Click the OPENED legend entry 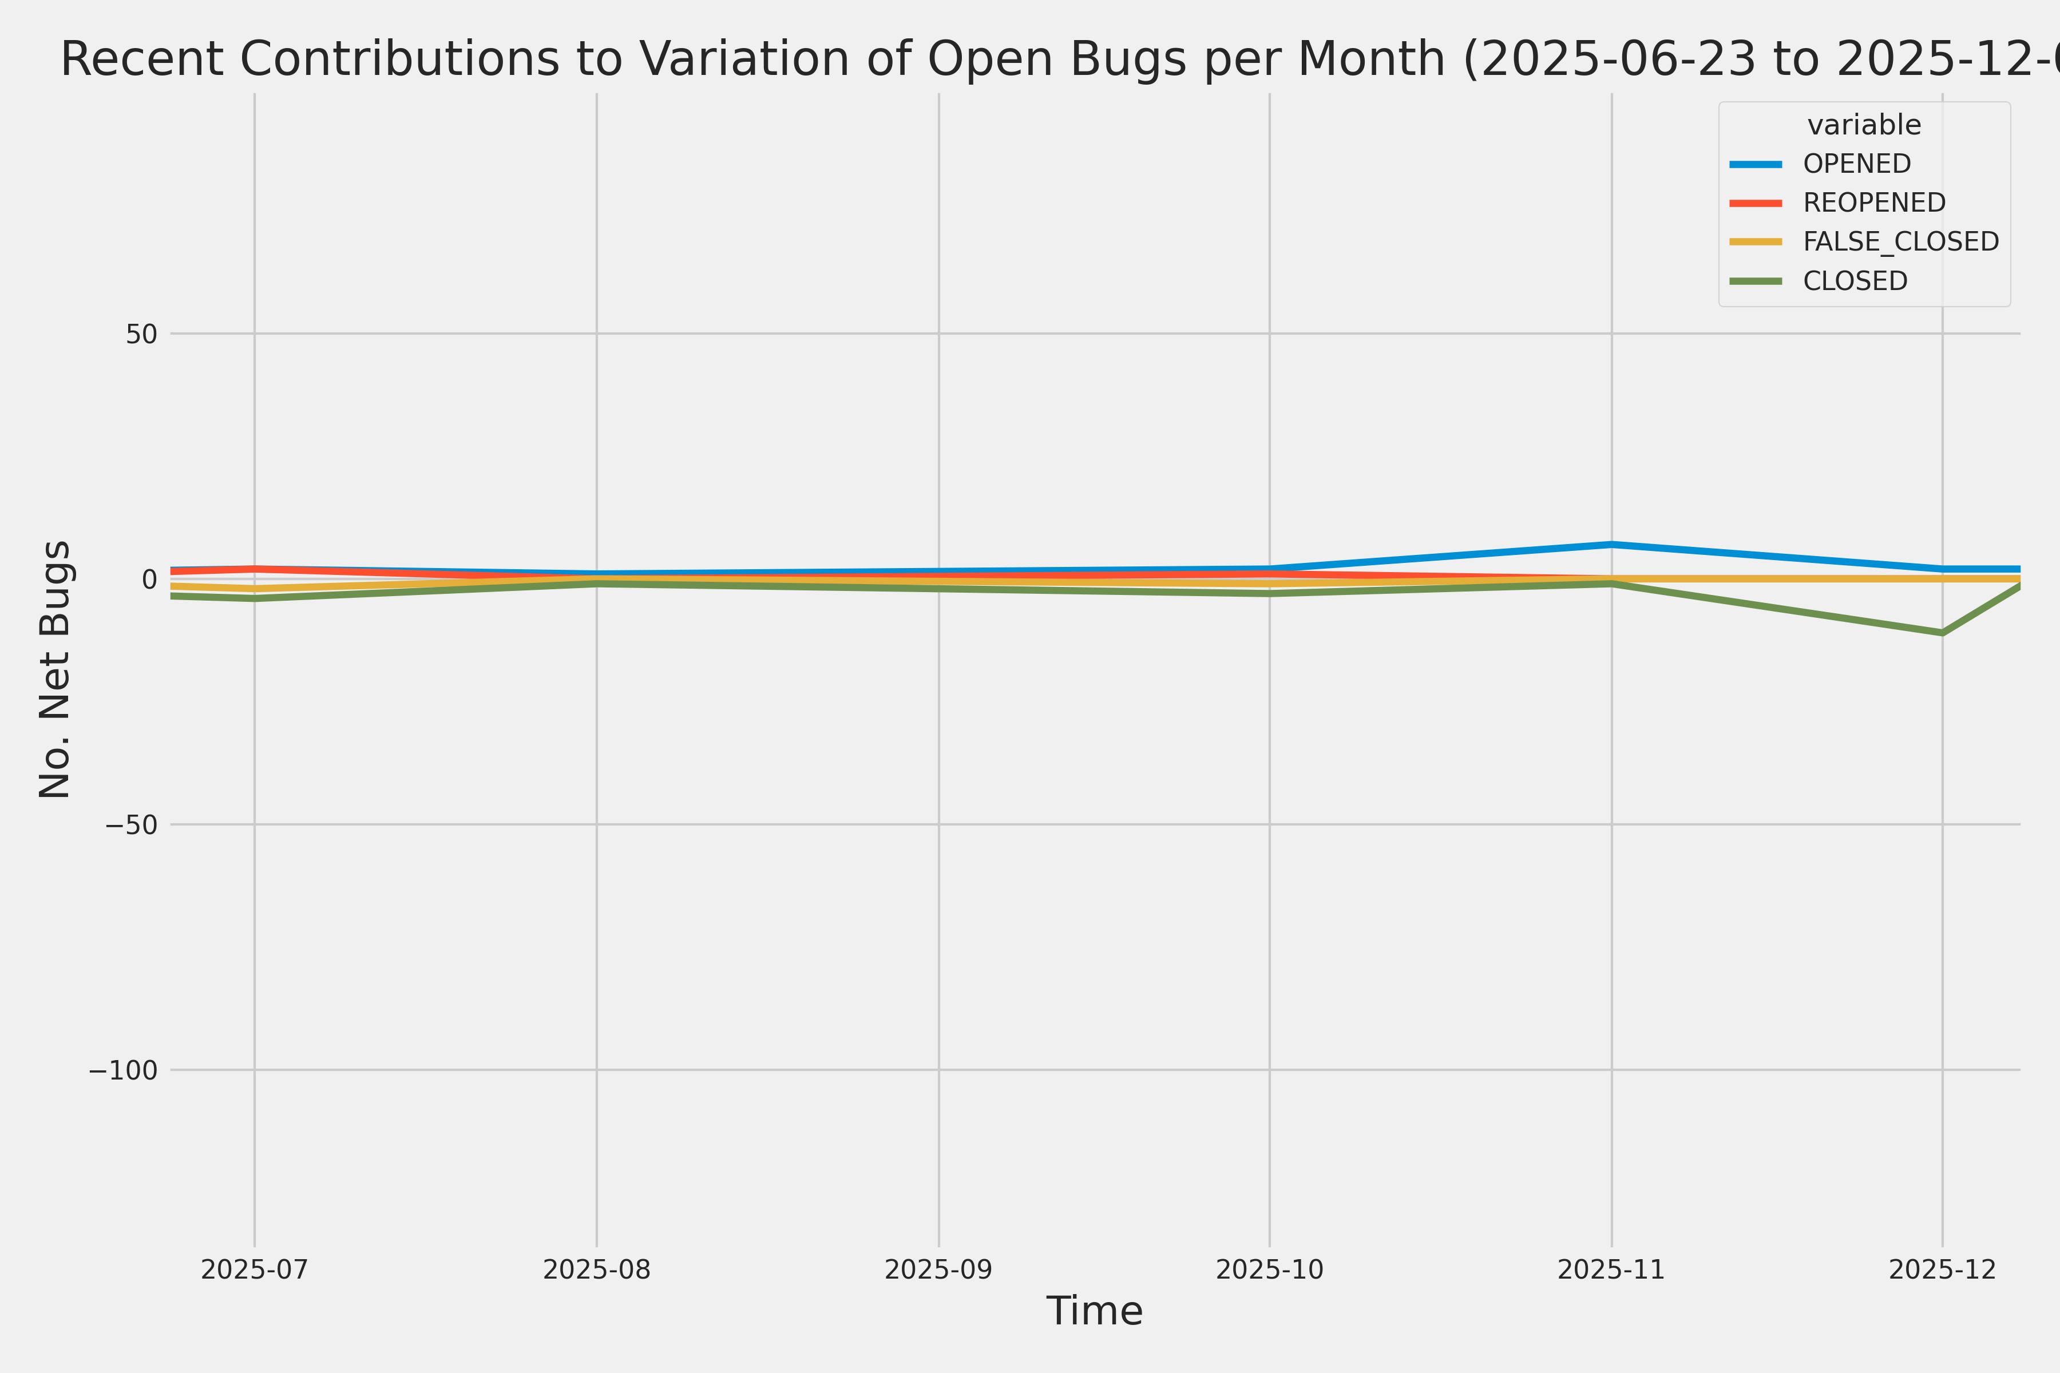coord(1857,164)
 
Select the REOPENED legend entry coord(1873,203)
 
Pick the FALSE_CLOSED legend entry coord(1900,241)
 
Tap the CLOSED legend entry coord(1854,281)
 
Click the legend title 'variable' coord(1864,125)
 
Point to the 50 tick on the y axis coord(141,334)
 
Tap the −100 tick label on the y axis coord(122,1070)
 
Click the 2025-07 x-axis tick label coord(255,1269)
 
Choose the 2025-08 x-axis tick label coord(596,1269)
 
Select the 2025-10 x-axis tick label coord(1269,1269)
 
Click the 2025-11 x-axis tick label coord(1611,1269)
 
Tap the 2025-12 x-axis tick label coord(1943,1269)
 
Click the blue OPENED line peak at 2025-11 coord(1611,545)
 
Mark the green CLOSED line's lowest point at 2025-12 coord(1943,632)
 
